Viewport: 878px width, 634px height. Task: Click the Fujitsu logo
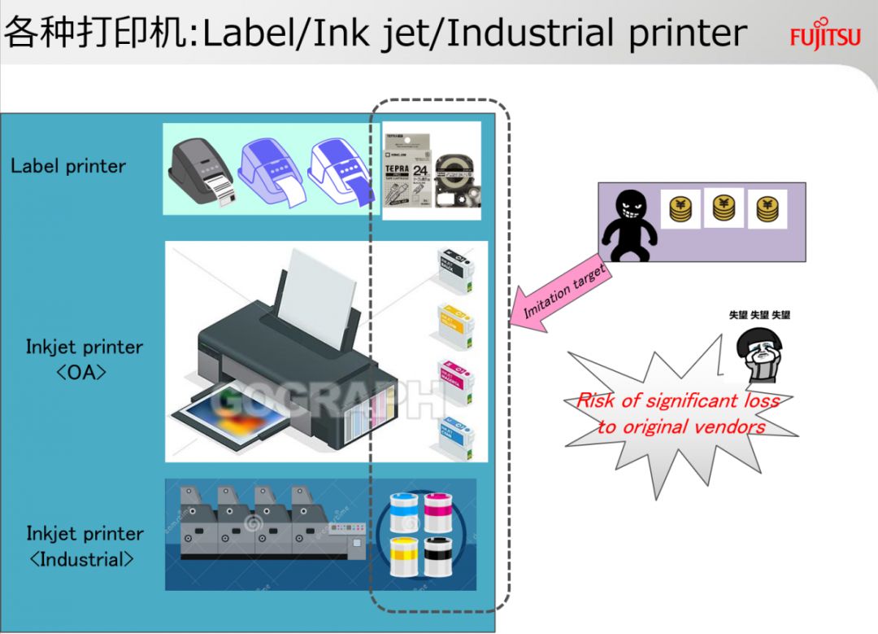[x=824, y=37]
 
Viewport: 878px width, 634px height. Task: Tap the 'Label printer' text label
[x=68, y=167]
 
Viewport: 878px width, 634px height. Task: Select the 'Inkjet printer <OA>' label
[x=84, y=358]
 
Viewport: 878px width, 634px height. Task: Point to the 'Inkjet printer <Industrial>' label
[x=85, y=546]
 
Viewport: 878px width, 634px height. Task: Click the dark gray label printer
[x=200, y=172]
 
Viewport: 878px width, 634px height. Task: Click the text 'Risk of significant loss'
[x=678, y=400]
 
